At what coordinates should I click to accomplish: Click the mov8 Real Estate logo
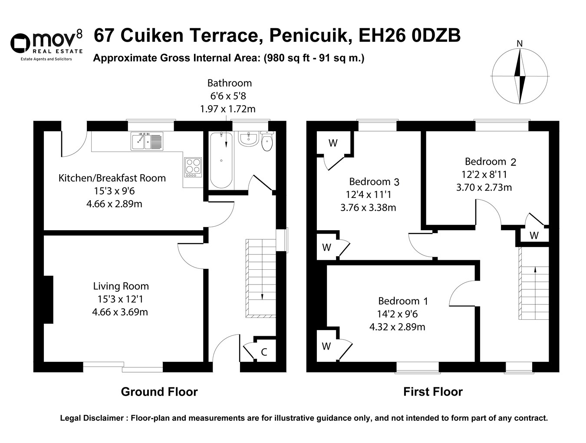pyautogui.click(x=46, y=45)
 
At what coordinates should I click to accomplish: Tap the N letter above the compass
pyautogui.click(x=519, y=43)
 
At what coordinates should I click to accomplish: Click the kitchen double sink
pyautogui.click(x=147, y=141)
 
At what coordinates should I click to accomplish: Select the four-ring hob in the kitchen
pyautogui.click(x=193, y=167)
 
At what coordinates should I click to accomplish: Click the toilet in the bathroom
pyautogui.click(x=267, y=141)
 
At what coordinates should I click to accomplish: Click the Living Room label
pyautogui.click(x=121, y=286)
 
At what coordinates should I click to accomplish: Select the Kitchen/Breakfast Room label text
pyautogui.click(x=112, y=178)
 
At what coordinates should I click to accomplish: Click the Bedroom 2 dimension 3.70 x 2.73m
pyautogui.click(x=484, y=188)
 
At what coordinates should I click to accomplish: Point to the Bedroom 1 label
pyautogui.click(x=403, y=301)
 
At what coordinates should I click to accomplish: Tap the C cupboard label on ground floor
pyautogui.click(x=264, y=352)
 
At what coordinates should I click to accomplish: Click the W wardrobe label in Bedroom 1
pyautogui.click(x=326, y=346)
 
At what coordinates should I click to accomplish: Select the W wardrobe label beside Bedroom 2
pyautogui.click(x=534, y=235)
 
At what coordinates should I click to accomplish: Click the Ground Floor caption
pyautogui.click(x=159, y=392)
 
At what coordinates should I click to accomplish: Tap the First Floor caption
pyautogui.click(x=433, y=392)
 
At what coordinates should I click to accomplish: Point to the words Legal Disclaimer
pyautogui.click(x=92, y=418)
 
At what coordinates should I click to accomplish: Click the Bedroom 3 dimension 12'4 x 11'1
pyautogui.click(x=369, y=195)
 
